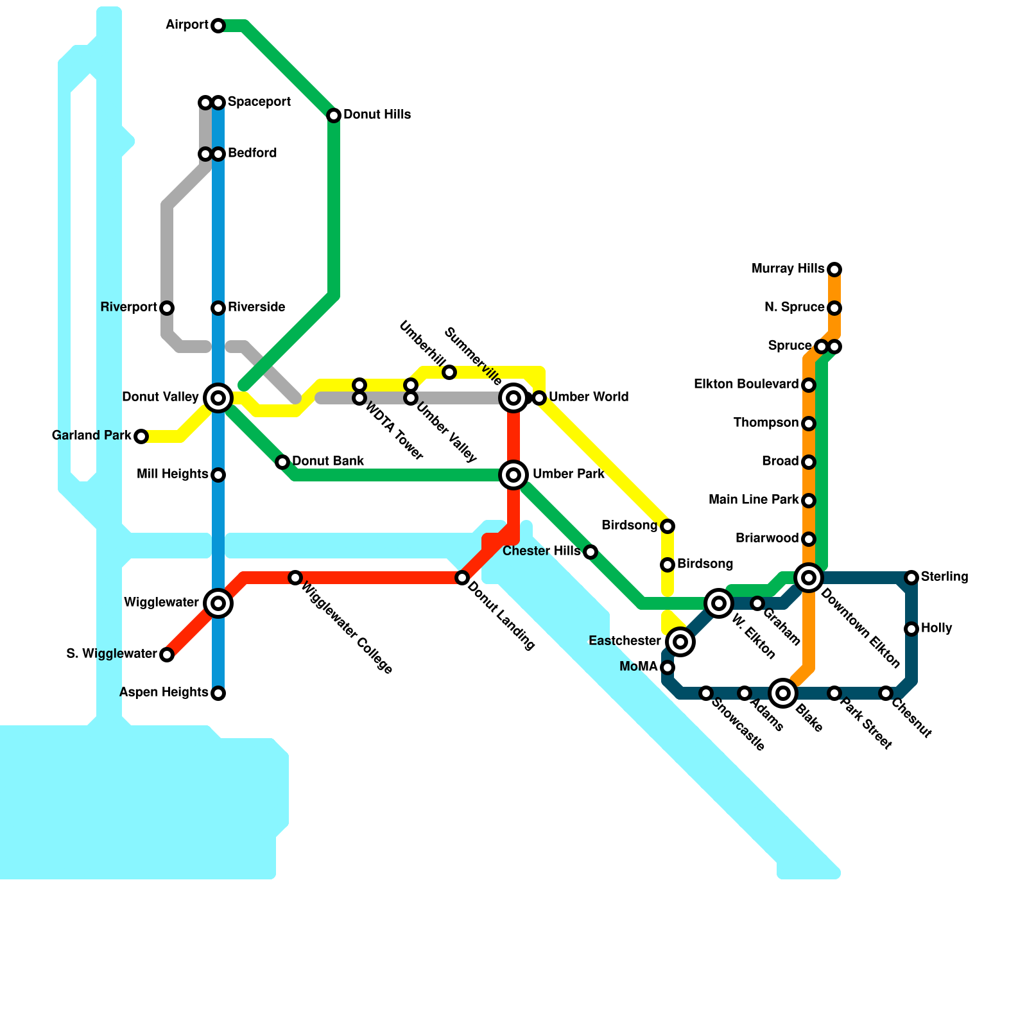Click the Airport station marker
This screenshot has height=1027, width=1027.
tap(218, 26)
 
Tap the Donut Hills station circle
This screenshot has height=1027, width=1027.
tap(334, 116)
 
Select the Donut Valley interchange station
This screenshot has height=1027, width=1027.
tap(218, 398)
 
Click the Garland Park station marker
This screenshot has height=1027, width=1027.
tap(141, 436)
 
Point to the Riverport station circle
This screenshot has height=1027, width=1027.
tap(167, 308)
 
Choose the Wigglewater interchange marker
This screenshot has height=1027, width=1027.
tap(218, 603)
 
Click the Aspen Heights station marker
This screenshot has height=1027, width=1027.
tap(218, 693)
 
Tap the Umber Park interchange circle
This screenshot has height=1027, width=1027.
tap(513, 475)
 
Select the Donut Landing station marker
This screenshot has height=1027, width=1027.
tap(462, 578)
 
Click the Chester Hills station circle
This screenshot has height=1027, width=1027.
tap(591, 552)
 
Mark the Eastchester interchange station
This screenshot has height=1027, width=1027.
tap(680, 642)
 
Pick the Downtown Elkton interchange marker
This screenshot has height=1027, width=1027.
tap(809, 578)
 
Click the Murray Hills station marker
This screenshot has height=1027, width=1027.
tap(834, 270)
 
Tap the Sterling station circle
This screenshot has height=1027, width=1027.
tap(911, 578)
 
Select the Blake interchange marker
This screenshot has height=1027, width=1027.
tap(783, 693)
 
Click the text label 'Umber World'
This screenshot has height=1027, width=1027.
tap(589, 397)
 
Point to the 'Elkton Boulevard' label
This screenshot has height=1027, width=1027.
tap(746, 384)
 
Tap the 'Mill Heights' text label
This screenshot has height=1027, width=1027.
tap(172, 474)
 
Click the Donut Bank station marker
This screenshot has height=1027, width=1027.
tap(282, 462)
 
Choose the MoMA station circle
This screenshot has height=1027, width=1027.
tap(668, 668)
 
